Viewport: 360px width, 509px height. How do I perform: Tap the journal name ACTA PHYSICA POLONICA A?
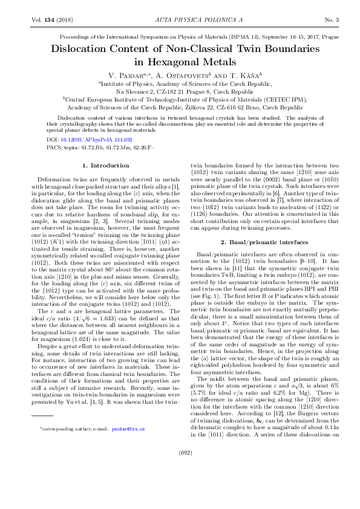point(180,21)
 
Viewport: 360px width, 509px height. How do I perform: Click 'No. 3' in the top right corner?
point(332,21)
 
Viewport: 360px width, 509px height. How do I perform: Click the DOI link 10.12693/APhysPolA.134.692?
point(89,139)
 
